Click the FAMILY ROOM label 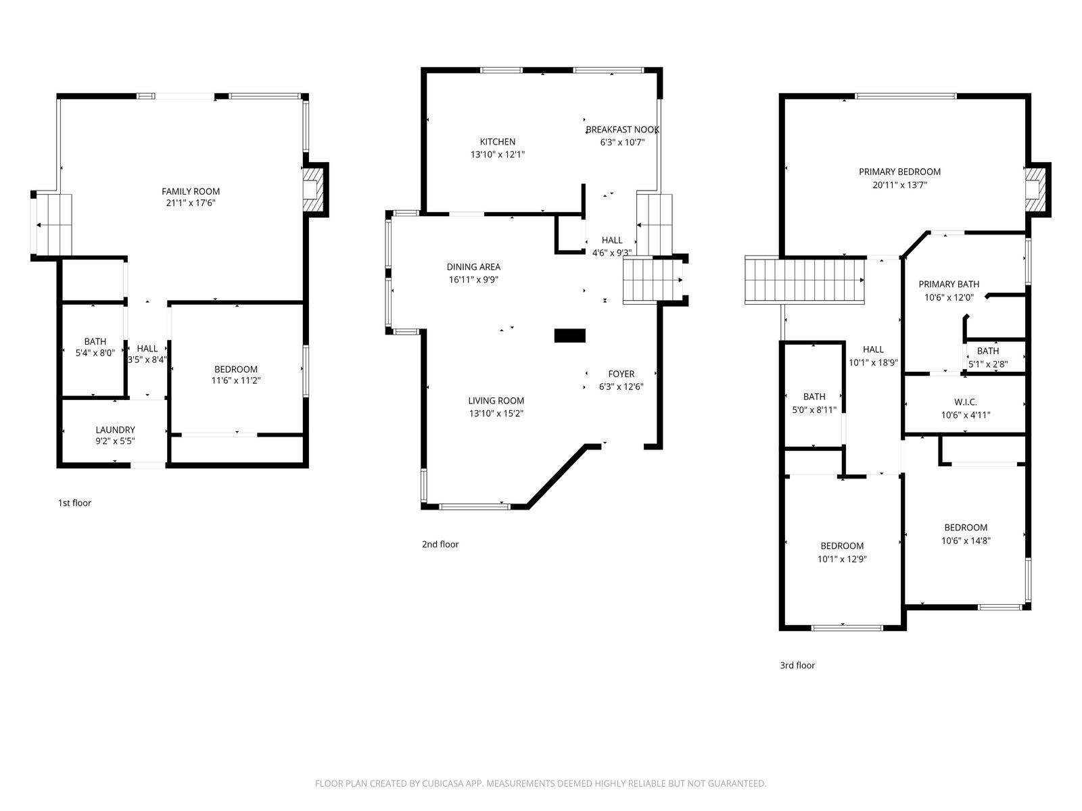[190, 191]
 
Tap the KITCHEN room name [497, 142]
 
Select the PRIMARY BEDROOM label [899, 172]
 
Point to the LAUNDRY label [115, 430]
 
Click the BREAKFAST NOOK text [622, 130]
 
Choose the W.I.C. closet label [965, 402]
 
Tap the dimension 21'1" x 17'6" [190, 203]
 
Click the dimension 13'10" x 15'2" [496, 414]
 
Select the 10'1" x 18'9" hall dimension [873, 363]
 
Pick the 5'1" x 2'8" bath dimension [988, 364]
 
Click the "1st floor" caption [74, 503]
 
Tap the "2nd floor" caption [440, 544]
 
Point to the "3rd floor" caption [797, 665]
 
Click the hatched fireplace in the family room [312, 190]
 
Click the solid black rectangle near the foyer [570, 335]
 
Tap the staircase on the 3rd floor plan [804, 280]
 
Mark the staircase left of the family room [53, 225]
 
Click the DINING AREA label [473, 267]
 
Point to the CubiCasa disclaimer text [541, 783]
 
